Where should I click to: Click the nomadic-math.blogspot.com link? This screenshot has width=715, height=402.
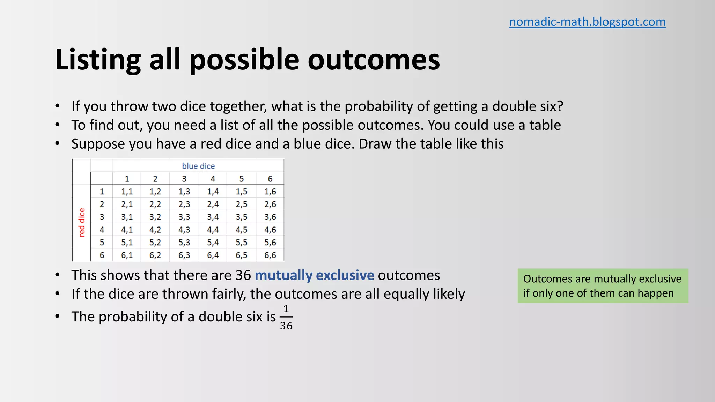click(x=587, y=22)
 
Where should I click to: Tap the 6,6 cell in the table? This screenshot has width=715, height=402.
click(x=270, y=255)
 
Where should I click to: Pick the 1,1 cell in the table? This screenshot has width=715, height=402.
click(x=127, y=192)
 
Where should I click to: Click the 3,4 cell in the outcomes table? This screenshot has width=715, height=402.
click(x=213, y=217)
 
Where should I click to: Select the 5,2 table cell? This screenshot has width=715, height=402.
click(x=155, y=243)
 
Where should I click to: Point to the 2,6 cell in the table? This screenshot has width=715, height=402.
click(x=270, y=204)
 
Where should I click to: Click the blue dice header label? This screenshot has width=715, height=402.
click(x=198, y=166)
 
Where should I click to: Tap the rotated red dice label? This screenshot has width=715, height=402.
click(x=82, y=222)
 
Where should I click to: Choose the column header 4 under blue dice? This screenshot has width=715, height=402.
click(x=213, y=179)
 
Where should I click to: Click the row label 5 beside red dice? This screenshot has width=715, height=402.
click(x=102, y=243)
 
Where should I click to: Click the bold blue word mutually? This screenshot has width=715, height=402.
click(x=283, y=275)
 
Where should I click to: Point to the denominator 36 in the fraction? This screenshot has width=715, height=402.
click(x=286, y=326)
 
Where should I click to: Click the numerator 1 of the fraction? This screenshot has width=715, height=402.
click(x=286, y=309)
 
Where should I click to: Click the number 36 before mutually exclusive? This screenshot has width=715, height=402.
click(x=243, y=275)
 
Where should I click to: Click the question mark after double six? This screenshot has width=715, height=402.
click(x=560, y=106)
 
